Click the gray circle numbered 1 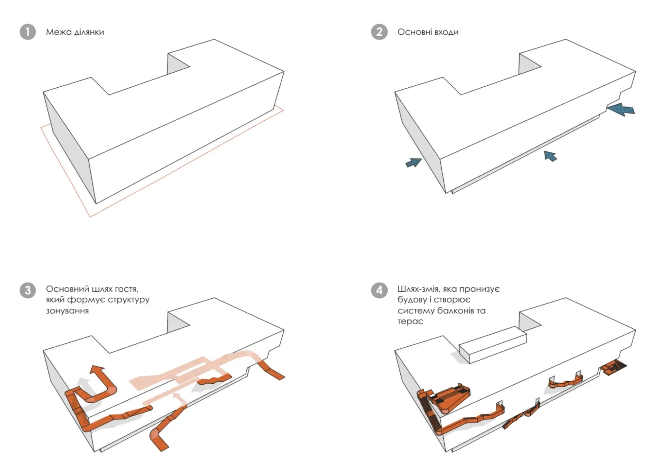[x=27, y=32]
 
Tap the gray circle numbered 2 [x=379, y=32]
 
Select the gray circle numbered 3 [x=27, y=290]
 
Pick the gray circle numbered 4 [x=379, y=290]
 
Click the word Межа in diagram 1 [x=57, y=32]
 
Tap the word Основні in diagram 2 [x=414, y=32]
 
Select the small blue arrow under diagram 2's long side [x=550, y=156]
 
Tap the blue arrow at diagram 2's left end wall [x=414, y=162]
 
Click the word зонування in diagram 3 [x=67, y=311]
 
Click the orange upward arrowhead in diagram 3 [x=97, y=371]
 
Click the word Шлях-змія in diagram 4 [x=419, y=289]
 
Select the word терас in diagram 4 [x=410, y=322]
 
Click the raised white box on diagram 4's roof [x=493, y=345]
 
